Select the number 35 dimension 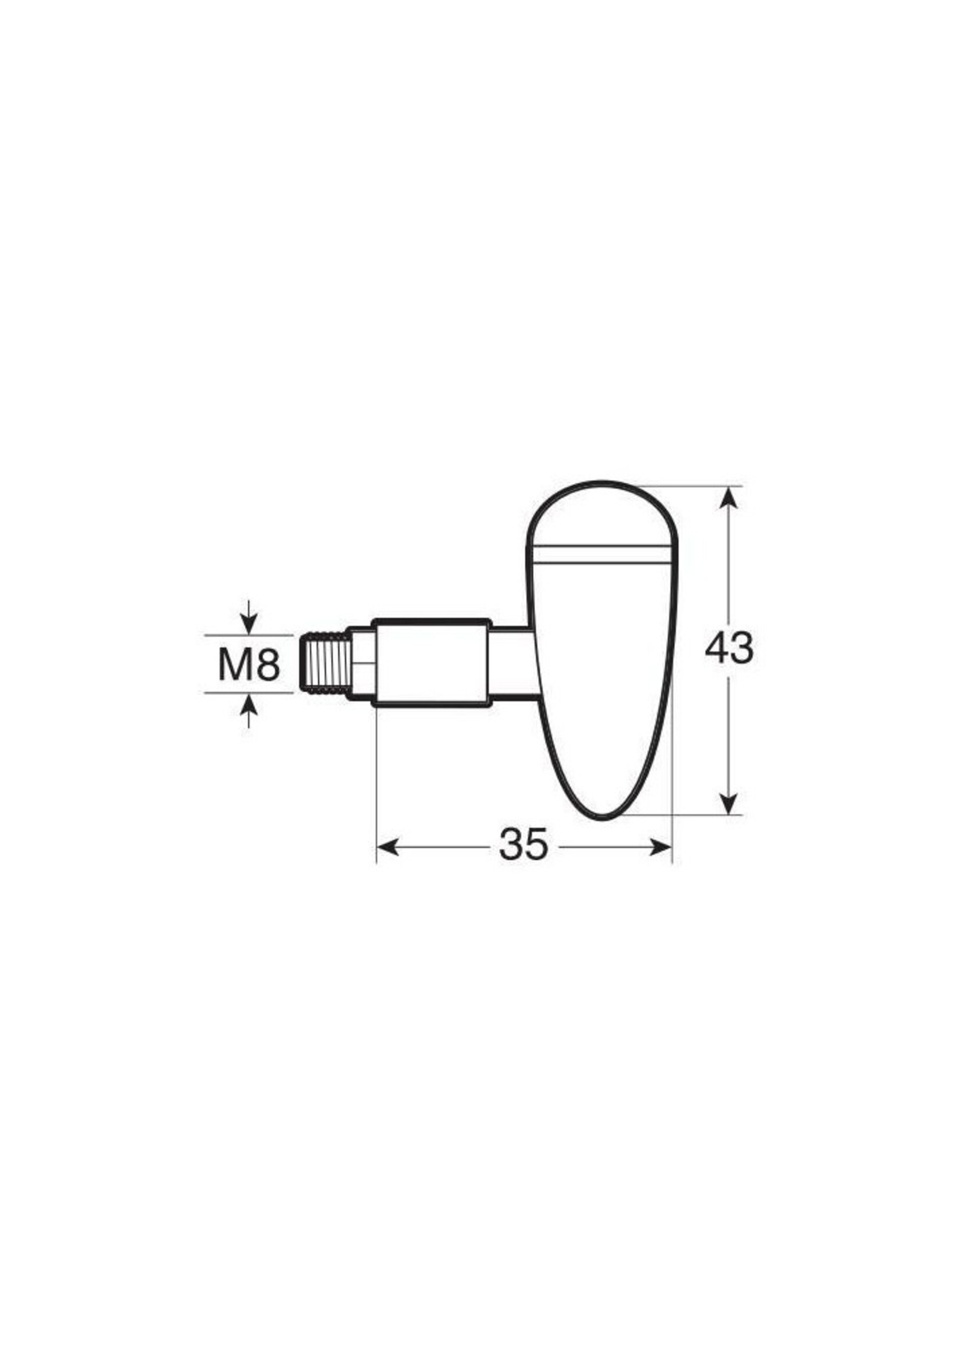(524, 845)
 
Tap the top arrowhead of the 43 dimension (730, 497)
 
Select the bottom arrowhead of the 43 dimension (730, 804)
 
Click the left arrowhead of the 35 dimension (387, 847)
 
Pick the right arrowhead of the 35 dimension (660, 847)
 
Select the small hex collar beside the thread (361, 662)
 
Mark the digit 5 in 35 (537, 845)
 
